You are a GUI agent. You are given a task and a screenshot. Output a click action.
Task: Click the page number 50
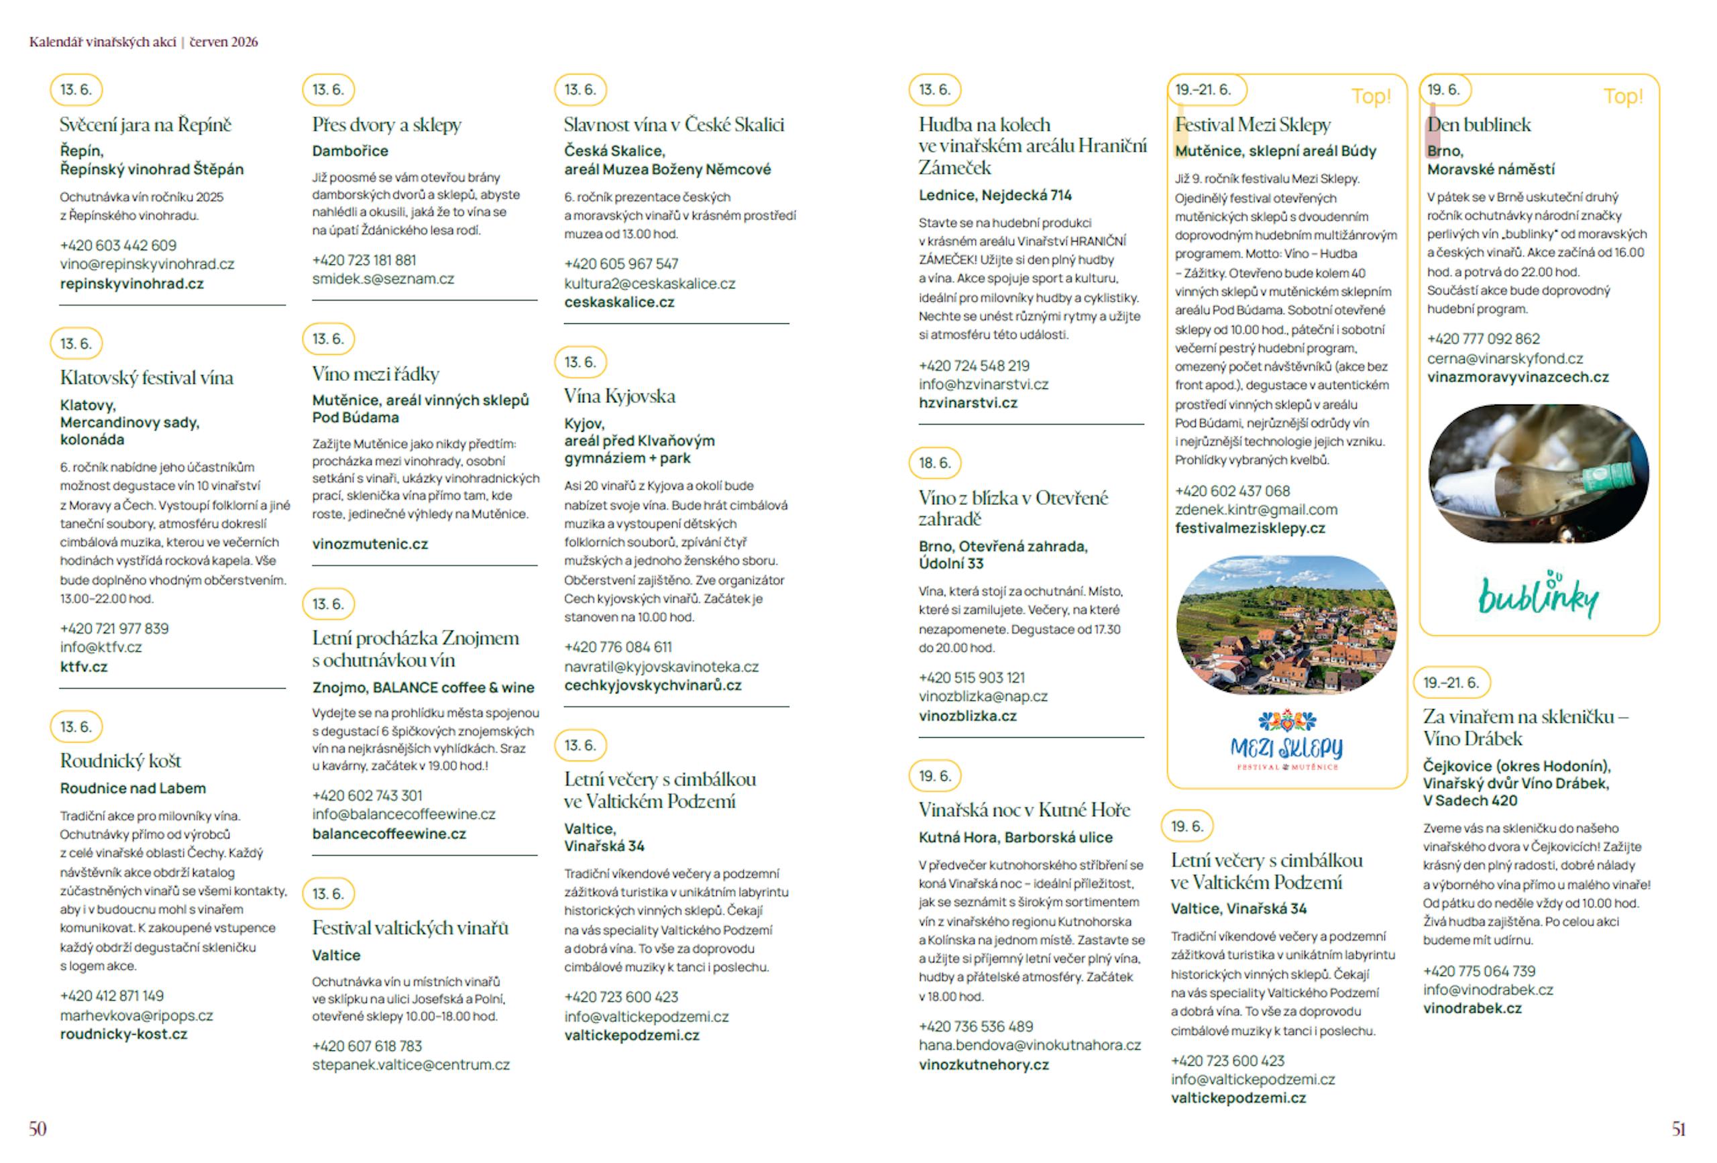[38, 1128]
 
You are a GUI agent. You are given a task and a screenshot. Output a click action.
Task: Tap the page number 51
[1679, 1128]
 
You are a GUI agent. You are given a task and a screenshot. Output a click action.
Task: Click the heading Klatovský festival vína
[146, 378]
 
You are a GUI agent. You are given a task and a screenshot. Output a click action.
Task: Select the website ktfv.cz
[83, 667]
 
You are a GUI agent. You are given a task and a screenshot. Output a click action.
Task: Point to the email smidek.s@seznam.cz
[383, 278]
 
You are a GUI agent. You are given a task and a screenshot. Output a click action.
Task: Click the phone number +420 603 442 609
[118, 245]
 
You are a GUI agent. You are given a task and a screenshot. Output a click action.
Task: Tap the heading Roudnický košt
[121, 761]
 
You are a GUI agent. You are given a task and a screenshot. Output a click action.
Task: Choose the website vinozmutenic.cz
[370, 544]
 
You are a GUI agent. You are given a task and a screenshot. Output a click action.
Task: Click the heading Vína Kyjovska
[619, 396]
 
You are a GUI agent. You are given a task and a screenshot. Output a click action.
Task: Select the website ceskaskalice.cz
[619, 302]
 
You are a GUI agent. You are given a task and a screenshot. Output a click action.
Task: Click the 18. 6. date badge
[934, 463]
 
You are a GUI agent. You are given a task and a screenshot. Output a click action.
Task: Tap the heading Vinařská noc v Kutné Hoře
[1024, 810]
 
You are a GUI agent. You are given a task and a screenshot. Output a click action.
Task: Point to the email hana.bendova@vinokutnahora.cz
[1029, 1046]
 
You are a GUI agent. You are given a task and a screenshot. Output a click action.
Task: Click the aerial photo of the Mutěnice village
[1286, 624]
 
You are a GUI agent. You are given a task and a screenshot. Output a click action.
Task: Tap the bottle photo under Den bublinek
[1538, 473]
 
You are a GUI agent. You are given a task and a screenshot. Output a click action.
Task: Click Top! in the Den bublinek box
[1622, 97]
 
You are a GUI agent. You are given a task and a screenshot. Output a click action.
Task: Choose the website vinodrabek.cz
[1472, 1009]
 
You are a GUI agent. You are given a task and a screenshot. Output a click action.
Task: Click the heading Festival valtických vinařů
[410, 928]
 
